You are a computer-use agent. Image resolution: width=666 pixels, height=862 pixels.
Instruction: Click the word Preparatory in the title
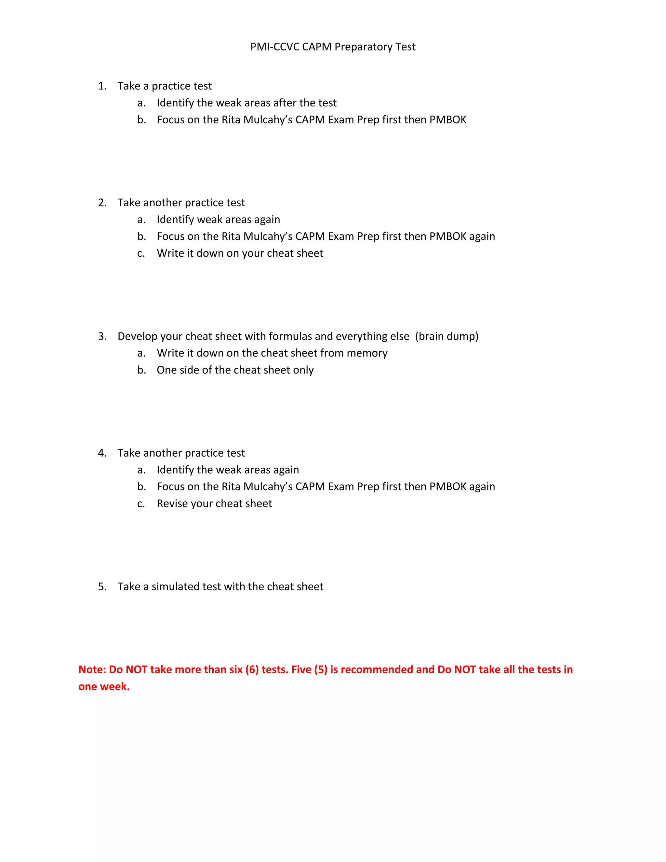click(x=363, y=47)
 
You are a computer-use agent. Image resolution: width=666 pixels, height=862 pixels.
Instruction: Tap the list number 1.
click(x=102, y=86)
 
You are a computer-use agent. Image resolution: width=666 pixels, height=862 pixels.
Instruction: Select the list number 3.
click(x=102, y=336)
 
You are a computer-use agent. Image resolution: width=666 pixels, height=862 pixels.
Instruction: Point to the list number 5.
click(x=102, y=586)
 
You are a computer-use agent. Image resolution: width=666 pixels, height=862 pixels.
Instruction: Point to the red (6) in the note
click(x=252, y=670)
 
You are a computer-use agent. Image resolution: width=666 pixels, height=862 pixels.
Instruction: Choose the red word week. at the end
click(x=117, y=687)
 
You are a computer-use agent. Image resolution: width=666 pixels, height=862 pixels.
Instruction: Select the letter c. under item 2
click(x=141, y=253)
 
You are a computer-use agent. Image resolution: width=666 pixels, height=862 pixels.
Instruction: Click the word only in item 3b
click(x=303, y=370)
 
